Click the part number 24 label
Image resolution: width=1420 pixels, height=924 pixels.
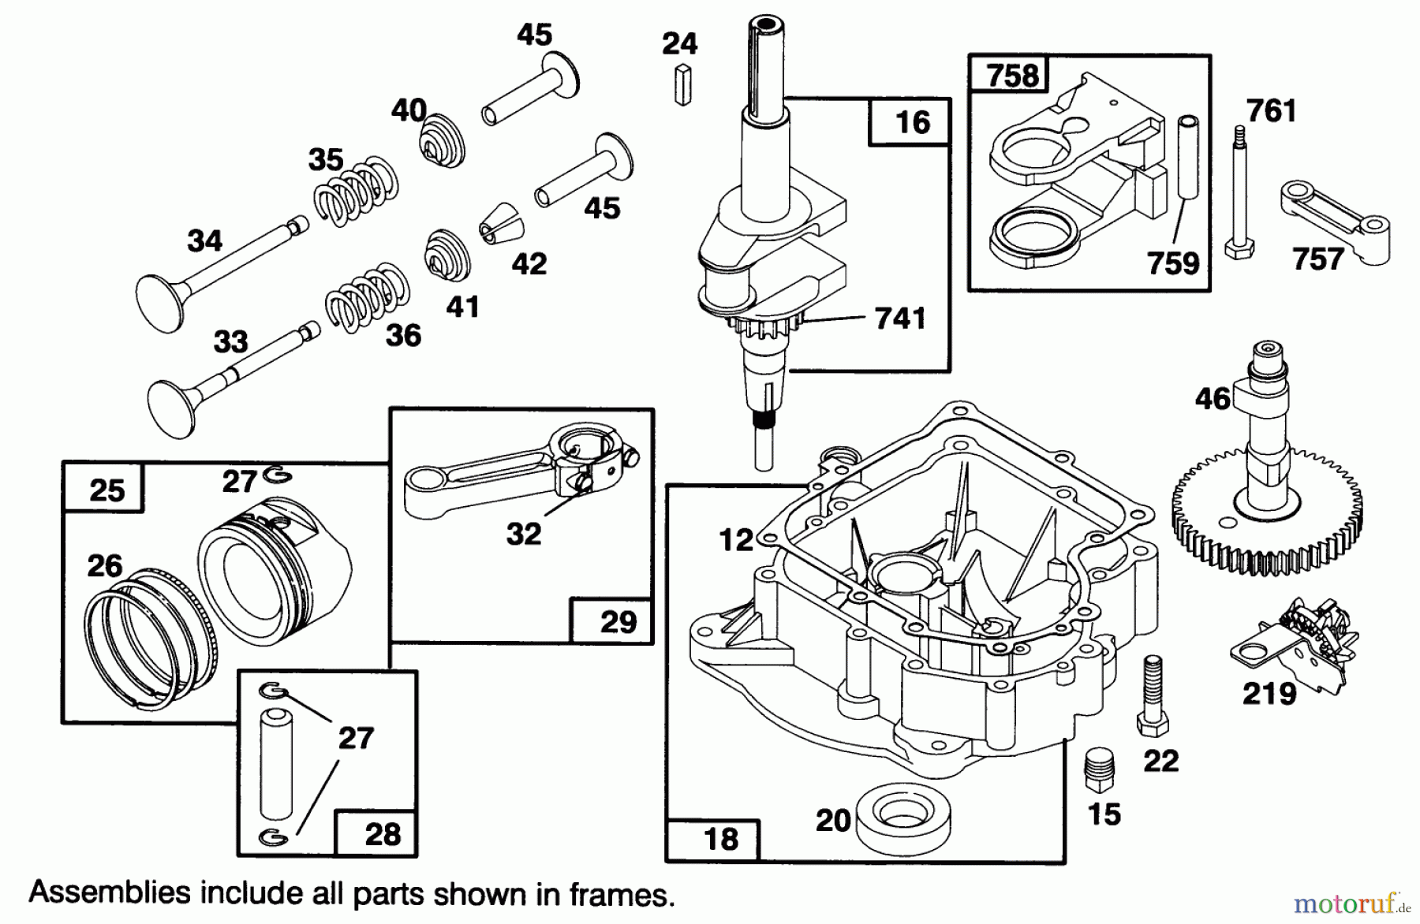tap(679, 44)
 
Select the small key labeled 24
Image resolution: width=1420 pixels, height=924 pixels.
tap(682, 85)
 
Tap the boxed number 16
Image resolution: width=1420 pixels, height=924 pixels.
tap(913, 122)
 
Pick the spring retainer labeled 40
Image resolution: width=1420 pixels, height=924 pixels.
tap(441, 140)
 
